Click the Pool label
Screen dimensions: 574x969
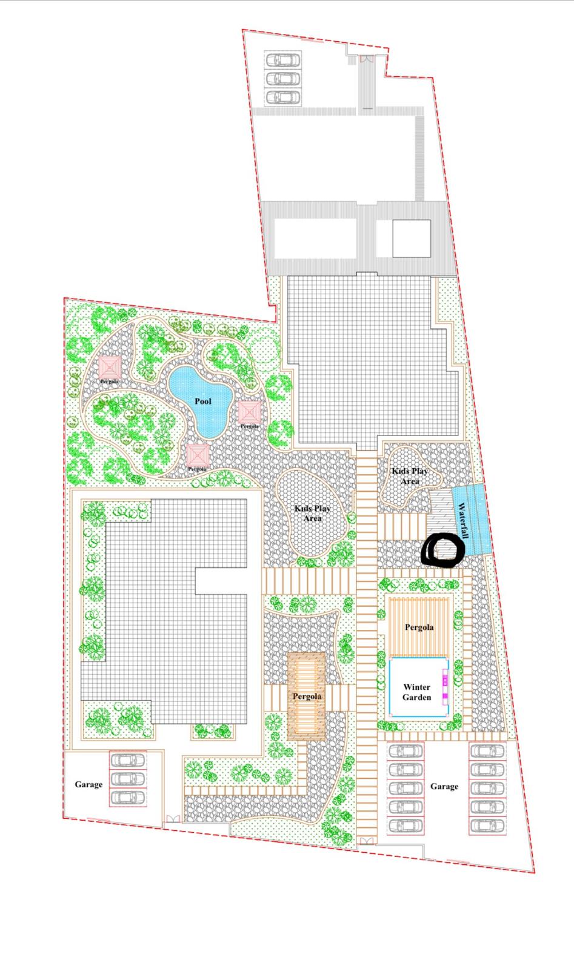[x=203, y=401]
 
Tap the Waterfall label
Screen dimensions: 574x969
[x=463, y=520]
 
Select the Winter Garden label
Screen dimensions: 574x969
[x=416, y=692]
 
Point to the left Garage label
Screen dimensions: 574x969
[x=88, y=784]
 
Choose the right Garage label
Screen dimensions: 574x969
[x=444, y=786]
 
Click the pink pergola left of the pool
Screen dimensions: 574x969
[x=110, y=367]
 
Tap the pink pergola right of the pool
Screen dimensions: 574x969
[x=249, y=412]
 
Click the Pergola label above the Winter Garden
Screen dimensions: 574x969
[x=419, y=627]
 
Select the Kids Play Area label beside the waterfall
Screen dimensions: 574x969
[x=410, y=476]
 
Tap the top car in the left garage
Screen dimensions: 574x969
[x=128, y=759]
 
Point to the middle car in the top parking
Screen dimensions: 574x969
[x=282, y=79]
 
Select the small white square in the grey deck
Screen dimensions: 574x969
[x=412, y=239]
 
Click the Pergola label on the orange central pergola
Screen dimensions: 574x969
[x=307, y=696]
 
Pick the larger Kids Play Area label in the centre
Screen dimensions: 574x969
[x=313, y=513]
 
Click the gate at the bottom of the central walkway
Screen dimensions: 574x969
[x=367, y=841]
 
